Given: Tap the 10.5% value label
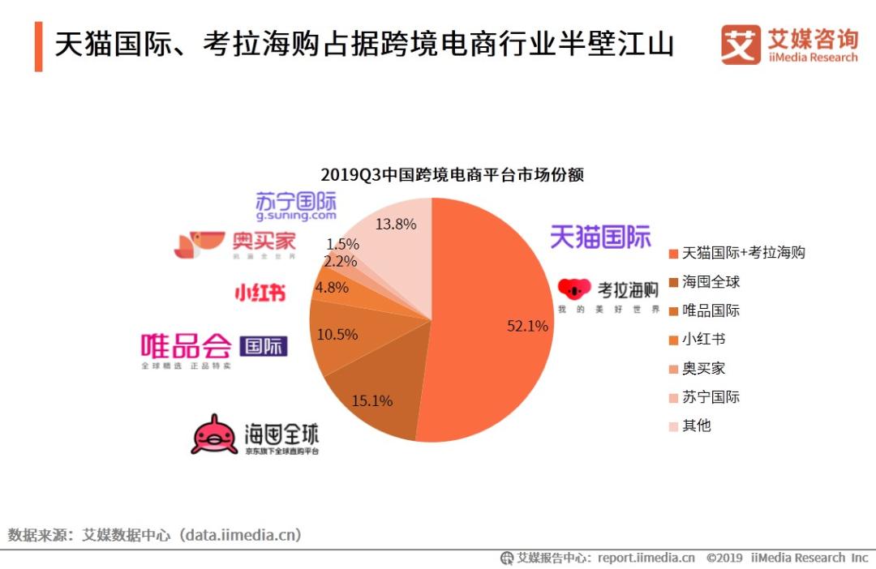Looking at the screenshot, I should [x=337, y=334].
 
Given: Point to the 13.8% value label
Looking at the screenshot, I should [x=396, y=225].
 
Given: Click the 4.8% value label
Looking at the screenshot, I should [x=332, y=287].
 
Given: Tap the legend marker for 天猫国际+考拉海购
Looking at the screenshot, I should [x=672, y=254].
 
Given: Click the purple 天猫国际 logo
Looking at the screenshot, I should [x=600, y=237].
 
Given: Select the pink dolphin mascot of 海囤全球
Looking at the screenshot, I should [x=214, y=434].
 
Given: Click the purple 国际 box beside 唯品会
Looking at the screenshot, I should [x=264, y=347].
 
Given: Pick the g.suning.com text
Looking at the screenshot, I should [x=296, y=216].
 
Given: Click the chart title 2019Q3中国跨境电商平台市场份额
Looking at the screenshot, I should [x=452, y=174].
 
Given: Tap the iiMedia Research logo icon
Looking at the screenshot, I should [x=741, y=45].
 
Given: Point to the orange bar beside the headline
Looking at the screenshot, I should [x=38, y=45].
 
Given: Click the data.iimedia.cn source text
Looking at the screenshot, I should [x=241, y=535].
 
